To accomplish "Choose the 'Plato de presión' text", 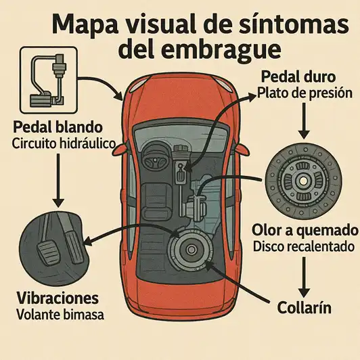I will click(x=305, y=93).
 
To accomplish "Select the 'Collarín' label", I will click(x=304, y=307).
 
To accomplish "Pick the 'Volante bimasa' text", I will click(x=58, y=314).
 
